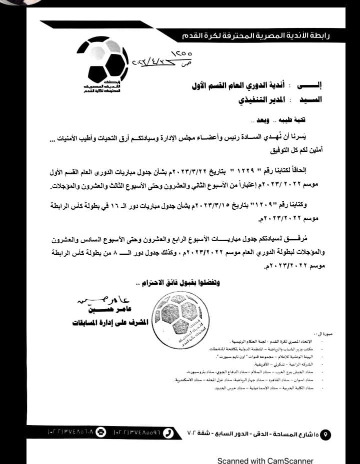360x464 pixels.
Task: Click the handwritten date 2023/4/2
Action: coord(150,63)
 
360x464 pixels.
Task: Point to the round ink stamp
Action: coord(177,313)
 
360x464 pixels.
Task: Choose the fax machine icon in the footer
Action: coord(100,432)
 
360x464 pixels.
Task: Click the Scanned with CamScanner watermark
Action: coord(265,461)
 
